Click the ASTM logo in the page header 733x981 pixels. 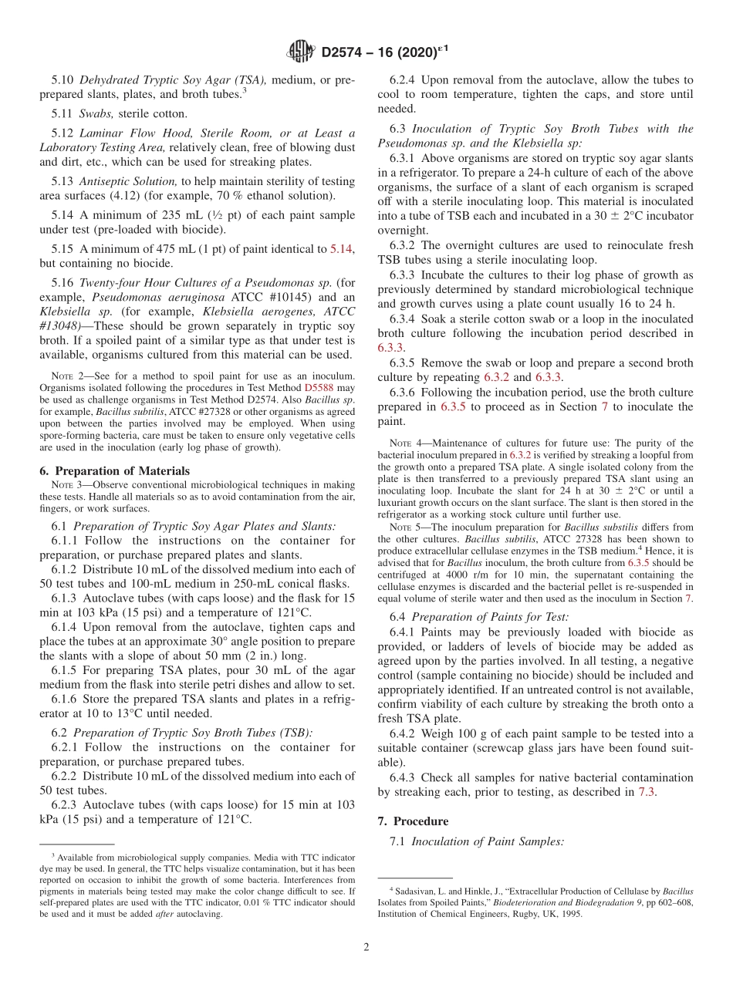[300, 52]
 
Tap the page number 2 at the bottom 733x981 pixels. [366, 947]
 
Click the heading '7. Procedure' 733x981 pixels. [421, 821]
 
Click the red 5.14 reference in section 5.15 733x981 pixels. [341, 248]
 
